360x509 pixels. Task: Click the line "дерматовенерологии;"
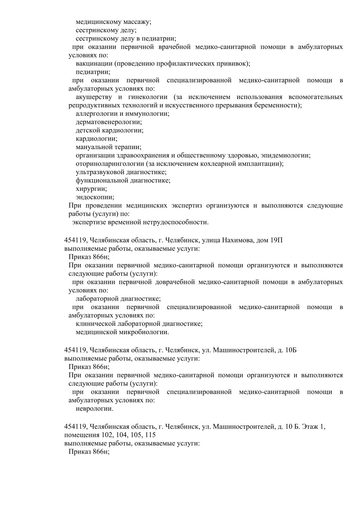point(109,122)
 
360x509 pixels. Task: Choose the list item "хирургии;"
point(91,189)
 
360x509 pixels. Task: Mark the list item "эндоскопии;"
point(95,197)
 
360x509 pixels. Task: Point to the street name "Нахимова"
point(238,241)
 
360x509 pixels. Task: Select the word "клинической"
point(94,324)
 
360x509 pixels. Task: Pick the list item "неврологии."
point(95,409)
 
